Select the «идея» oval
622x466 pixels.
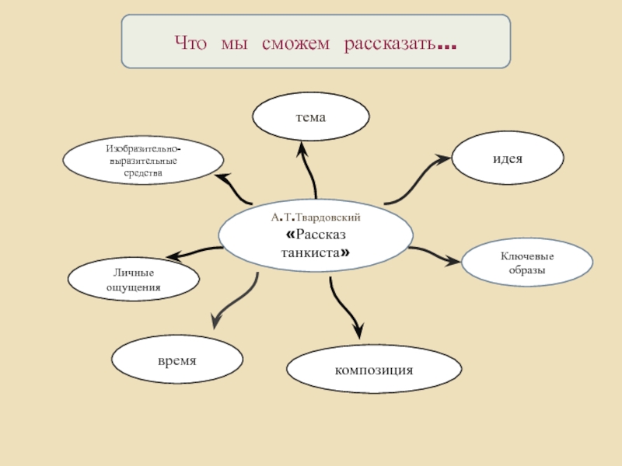pyautogui.click(x=507, y=158)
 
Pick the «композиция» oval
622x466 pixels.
pyautogui.click(x=374, y=368)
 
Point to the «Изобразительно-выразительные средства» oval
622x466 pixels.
pyautogui.click(x=143, y=160)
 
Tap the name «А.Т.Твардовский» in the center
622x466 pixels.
pyautogui.click(x=316, y=218)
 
